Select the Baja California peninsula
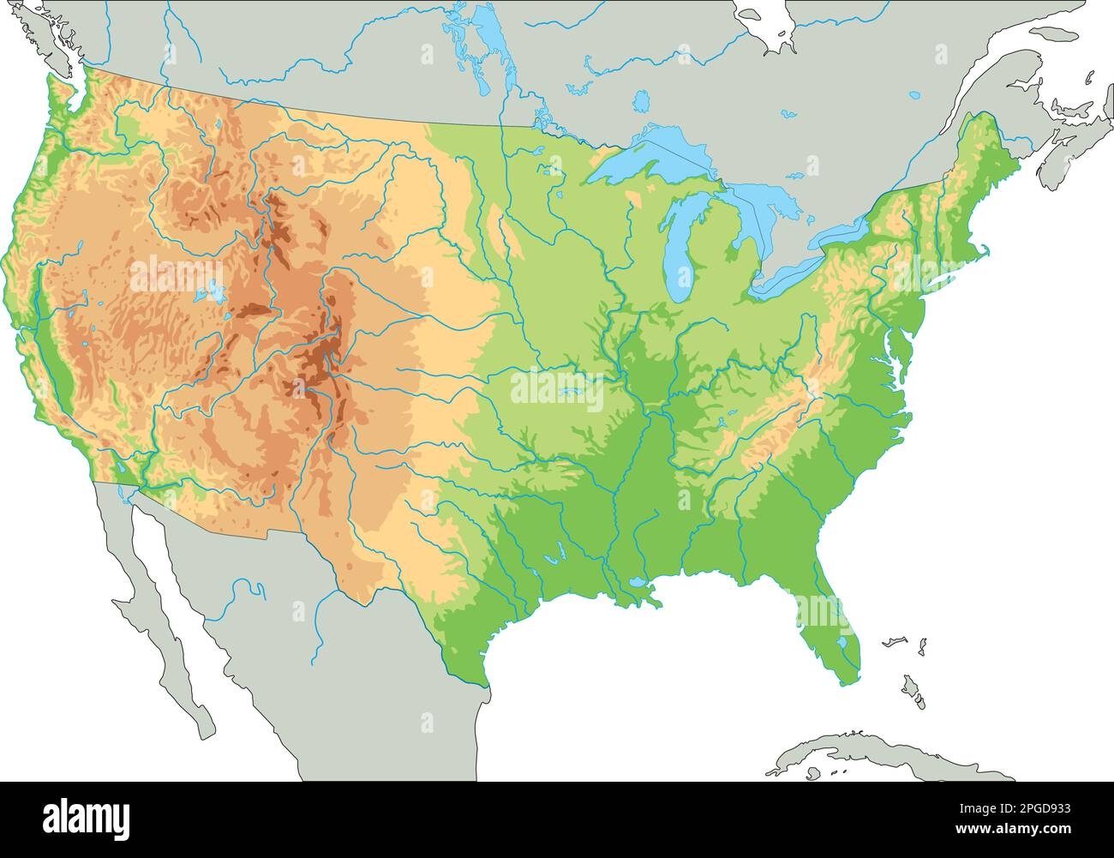click(x=163, y=617)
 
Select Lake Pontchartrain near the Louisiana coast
click(x=638, y=584)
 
